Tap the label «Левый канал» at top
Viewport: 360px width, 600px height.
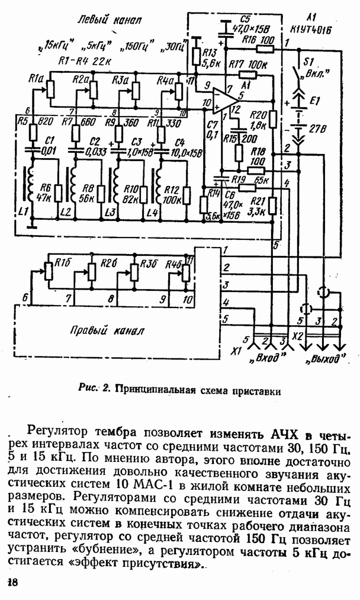click(109, 21)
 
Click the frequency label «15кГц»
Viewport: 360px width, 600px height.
click(56, 43)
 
